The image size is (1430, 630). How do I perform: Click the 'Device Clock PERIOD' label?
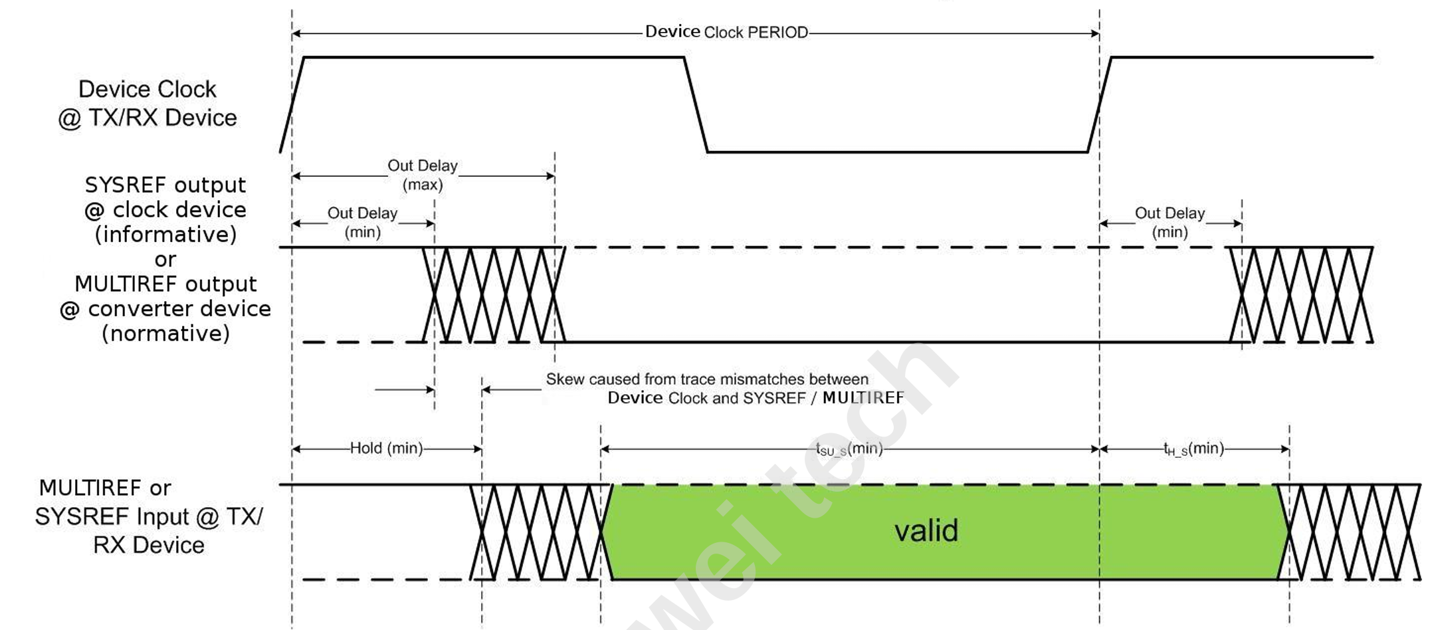(726, 32)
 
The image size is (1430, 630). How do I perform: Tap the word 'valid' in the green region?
(926, 531)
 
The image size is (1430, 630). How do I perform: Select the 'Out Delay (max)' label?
(423, 175)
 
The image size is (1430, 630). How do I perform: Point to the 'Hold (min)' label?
(387, 449)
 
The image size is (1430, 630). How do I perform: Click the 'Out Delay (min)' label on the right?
(1170, 223)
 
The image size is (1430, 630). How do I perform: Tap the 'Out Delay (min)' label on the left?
(363, 223)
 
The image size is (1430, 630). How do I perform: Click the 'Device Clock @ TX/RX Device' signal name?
(148, 104)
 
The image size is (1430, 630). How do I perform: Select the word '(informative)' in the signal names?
(166, 235)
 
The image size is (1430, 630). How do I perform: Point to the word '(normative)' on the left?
(166, 334)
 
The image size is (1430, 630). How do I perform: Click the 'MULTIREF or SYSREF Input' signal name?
(149, 516)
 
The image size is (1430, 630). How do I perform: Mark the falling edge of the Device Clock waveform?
(696, 105)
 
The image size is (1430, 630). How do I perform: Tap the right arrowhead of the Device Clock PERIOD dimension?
(1095, 33)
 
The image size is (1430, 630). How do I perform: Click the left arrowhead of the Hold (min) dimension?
(296, 449)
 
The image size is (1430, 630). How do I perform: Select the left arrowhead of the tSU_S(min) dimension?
(605, 449)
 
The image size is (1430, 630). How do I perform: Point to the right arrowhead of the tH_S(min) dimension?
(1285, 449)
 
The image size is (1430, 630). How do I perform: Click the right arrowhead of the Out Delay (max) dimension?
(550, 176)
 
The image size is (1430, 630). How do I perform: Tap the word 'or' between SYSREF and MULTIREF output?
(166, 260)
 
